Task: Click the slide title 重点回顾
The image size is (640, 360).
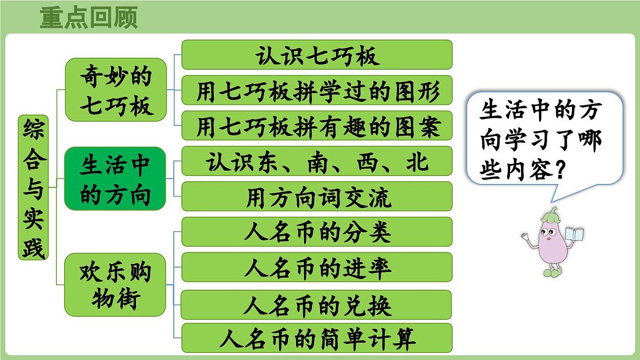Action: (x=89, y=17)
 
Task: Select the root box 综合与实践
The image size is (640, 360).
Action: (x=33, y=187)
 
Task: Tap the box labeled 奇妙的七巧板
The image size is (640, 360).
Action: (x=116, y=90)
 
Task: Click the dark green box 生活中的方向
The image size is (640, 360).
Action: (x=115, y=178)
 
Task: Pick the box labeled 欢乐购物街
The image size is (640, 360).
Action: (x=115, y=284)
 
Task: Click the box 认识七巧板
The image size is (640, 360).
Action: (x=317, y=54)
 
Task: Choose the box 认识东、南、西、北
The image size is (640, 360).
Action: (x=317, y=161)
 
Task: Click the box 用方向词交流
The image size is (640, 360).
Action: (x=317, y=196)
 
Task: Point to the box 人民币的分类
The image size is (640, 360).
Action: (x=317, y=231)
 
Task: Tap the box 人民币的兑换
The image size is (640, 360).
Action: (x=317, y=305)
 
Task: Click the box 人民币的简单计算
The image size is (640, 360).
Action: (x=317, y=338)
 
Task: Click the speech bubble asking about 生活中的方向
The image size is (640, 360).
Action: (x=544, y=139)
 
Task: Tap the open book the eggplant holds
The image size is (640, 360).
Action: (x=574, y=235)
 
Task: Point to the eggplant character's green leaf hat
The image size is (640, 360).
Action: (x=550, y=215)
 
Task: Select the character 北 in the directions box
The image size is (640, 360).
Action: (x=415, y=161)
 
